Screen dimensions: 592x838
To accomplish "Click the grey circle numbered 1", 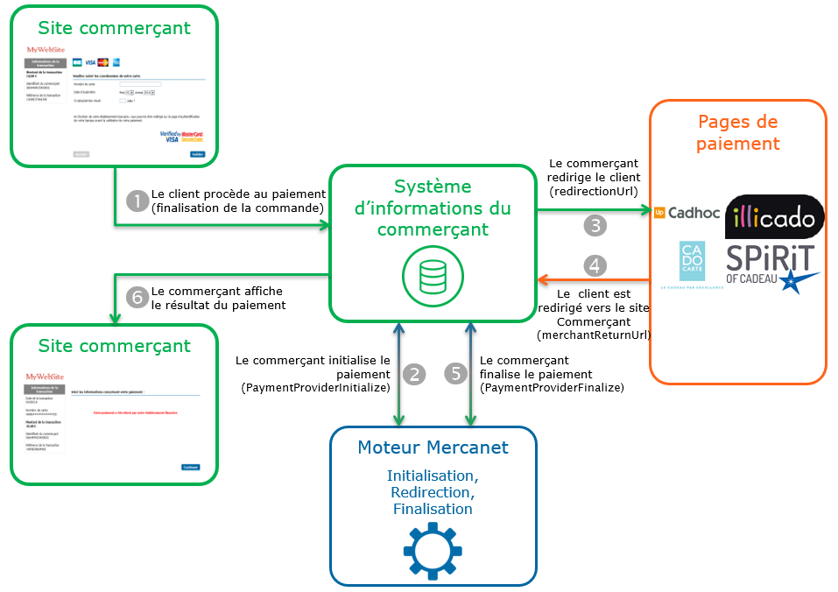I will coord(137,201).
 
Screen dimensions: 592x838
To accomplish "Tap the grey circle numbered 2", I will coord(415,374).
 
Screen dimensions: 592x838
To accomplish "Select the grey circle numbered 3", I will coord(595,225).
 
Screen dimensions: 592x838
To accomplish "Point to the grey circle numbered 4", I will coord(595,264).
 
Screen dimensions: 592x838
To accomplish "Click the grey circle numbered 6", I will coord(137,298).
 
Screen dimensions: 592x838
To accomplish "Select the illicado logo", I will coord(775,215).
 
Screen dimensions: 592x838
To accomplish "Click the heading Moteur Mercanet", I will coord(433,448).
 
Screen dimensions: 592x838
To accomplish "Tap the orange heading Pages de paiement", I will coord(737,132).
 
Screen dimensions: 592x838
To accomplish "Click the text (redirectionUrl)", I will coord(593,191).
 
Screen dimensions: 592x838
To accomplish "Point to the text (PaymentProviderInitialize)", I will coord(315,388).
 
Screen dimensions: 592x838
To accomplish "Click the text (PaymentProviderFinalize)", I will coord(553,387).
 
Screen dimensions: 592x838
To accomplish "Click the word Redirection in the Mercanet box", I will coord(433,492).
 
